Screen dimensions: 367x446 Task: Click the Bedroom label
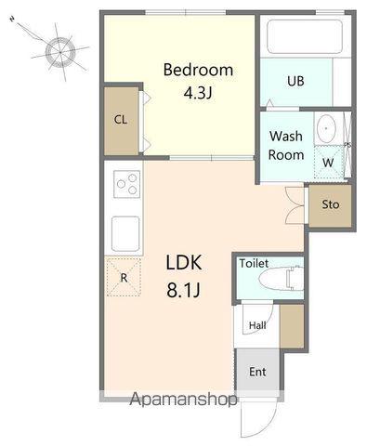198,70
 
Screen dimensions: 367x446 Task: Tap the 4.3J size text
198,92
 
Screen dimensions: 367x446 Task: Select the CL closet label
121,120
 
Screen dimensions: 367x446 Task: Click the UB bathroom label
295,81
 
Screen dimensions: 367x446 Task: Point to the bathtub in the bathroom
305,36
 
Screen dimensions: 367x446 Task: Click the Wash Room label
286,145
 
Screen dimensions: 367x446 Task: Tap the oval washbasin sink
326,129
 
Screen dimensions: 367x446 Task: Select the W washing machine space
329,162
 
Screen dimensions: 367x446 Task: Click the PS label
348,145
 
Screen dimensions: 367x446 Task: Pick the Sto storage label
331,204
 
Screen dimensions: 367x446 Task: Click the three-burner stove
126,184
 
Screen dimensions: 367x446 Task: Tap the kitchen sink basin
125,233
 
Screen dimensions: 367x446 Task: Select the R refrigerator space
124,277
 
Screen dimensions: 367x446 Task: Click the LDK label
184,263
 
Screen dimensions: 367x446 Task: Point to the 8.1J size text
184,290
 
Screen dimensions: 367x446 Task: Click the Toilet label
254,263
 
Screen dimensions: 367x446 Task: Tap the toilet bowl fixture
281,278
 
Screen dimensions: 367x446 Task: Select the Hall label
257,325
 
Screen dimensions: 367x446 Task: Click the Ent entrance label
257,372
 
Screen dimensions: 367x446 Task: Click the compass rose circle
60,52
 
